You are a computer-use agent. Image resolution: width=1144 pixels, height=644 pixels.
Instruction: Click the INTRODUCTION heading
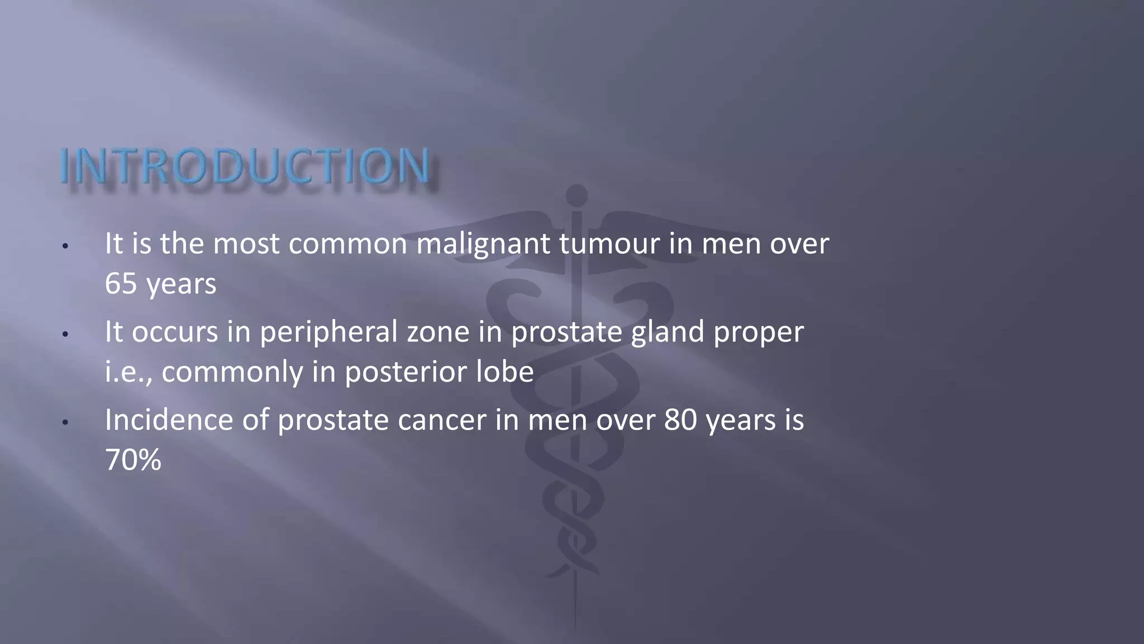click(245, 166)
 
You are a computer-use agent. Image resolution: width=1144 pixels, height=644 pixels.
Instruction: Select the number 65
click(121, 283)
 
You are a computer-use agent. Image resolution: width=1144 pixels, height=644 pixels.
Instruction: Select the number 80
click(680, 420)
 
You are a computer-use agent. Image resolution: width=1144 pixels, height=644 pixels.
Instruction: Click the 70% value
click(133, 460)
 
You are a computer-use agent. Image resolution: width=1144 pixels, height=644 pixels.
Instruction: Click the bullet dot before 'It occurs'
click(65, 334)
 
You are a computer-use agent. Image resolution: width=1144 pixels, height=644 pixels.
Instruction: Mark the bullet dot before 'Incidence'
click(65, 423)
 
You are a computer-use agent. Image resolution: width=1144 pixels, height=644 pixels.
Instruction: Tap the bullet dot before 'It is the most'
click(65, 246)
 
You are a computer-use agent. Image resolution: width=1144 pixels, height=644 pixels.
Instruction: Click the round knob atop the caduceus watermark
click(576, 195)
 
